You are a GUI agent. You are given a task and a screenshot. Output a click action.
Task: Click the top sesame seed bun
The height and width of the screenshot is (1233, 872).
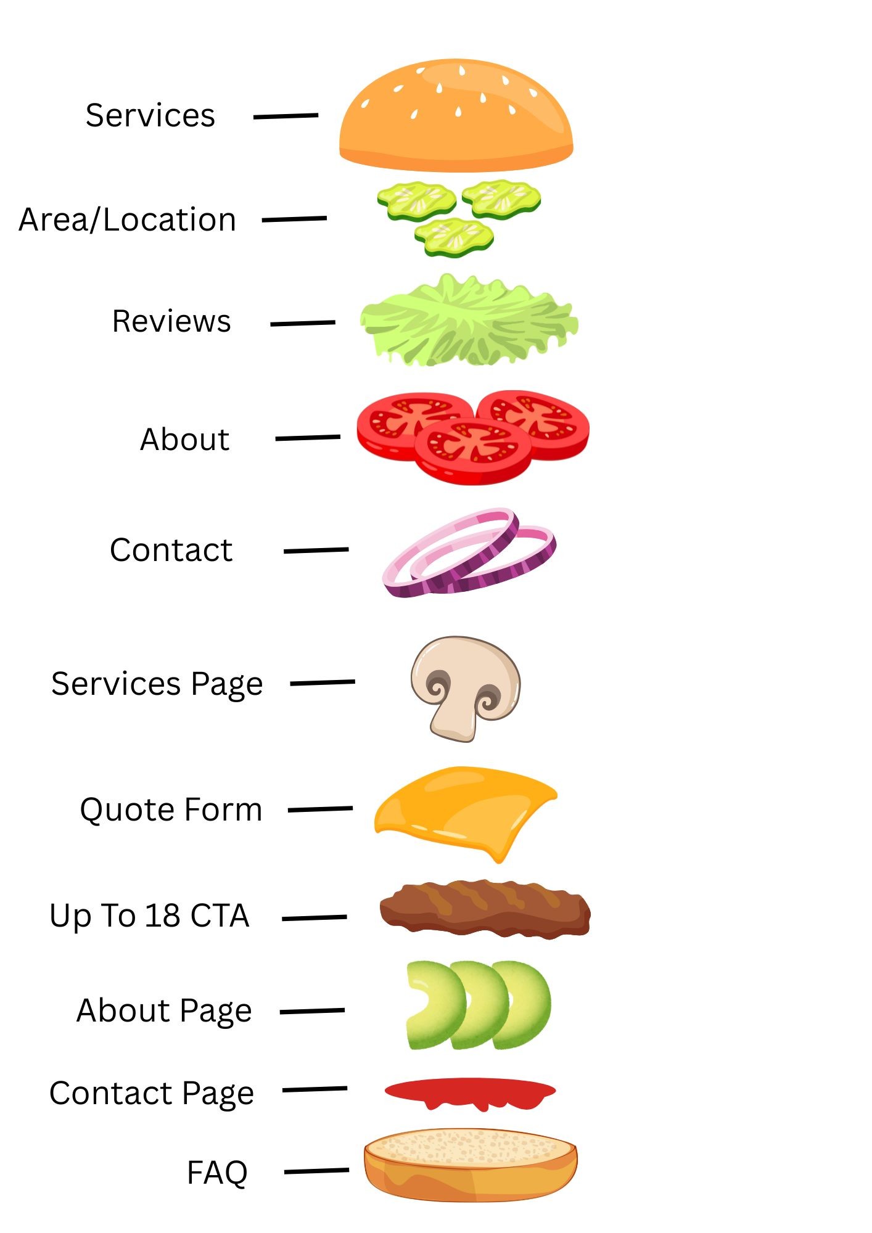coord(456,116)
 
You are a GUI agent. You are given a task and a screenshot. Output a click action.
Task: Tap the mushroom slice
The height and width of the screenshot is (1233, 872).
coord(466,688)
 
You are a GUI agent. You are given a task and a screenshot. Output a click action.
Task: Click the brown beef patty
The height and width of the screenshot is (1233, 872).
coord(485,910)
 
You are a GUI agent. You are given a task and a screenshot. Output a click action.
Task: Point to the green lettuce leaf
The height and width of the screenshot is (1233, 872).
coord(469,321)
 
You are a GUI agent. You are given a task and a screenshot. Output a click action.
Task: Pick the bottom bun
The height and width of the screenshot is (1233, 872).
coord(471,1165)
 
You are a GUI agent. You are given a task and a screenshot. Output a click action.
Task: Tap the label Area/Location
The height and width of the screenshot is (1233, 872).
coord(128,220)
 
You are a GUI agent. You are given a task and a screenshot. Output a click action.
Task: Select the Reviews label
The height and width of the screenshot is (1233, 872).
coord(171,321)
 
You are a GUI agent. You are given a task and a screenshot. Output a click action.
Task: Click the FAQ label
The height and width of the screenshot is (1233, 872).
coord(217,1173)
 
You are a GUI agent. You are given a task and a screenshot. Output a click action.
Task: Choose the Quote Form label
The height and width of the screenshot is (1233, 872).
coord(171,810)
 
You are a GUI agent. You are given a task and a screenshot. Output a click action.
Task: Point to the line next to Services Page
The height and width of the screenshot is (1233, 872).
coord(323,682)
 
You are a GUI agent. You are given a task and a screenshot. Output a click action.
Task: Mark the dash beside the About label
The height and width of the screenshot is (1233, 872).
coord(308,438)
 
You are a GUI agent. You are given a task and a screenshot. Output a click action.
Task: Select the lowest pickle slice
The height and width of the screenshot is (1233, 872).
coord(454,237)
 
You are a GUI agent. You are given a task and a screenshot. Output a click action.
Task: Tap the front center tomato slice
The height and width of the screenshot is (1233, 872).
coord(473,450)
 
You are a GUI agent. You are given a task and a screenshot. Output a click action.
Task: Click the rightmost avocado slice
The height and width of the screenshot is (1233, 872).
coord(523,1004)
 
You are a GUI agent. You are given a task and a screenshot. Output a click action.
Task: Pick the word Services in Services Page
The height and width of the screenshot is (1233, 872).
coord(116,684)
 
